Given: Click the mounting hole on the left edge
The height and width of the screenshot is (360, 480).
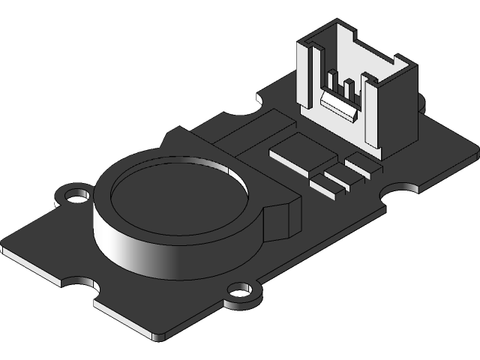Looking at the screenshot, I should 74,196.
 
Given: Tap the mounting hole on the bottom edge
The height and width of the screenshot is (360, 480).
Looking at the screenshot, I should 240,291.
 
